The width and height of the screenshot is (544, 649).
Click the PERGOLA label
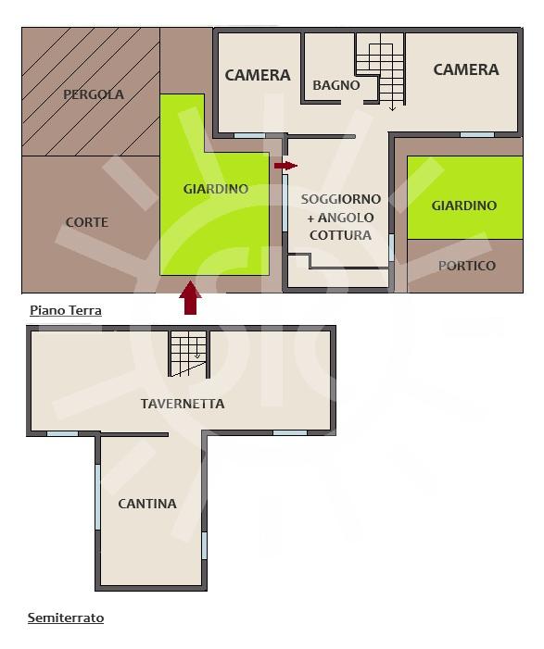coord(94,94)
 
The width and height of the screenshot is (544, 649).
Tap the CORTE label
coord(86,222)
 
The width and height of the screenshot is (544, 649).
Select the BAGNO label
coord(336,85)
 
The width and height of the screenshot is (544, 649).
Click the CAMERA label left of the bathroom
coord(258,75)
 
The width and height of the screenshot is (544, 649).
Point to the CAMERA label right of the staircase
coord(466,69)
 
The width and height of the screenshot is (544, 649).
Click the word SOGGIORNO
coord(340,199)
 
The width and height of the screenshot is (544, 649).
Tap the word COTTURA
coord(340,235)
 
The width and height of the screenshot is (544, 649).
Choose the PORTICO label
coord(467,266)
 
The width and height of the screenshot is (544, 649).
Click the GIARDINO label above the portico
coord(464,206)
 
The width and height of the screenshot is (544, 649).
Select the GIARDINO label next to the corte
coord(215,189)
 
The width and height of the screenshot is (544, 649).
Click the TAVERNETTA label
coord(183,404)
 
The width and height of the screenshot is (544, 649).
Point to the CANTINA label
coord(147,504)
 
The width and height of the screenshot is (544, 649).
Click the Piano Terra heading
coord(66,310)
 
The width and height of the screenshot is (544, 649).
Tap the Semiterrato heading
coord(66,618)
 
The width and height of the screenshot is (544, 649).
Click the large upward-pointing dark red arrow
coord(190,297)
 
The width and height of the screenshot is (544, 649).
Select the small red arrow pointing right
coord(285,166)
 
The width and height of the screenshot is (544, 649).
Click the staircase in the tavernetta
coord(188,354)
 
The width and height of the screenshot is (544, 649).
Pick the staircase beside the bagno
coord(380,71)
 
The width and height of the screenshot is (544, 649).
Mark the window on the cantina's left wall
coord(98,496)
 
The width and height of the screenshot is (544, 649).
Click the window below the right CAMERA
coord(477,135)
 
